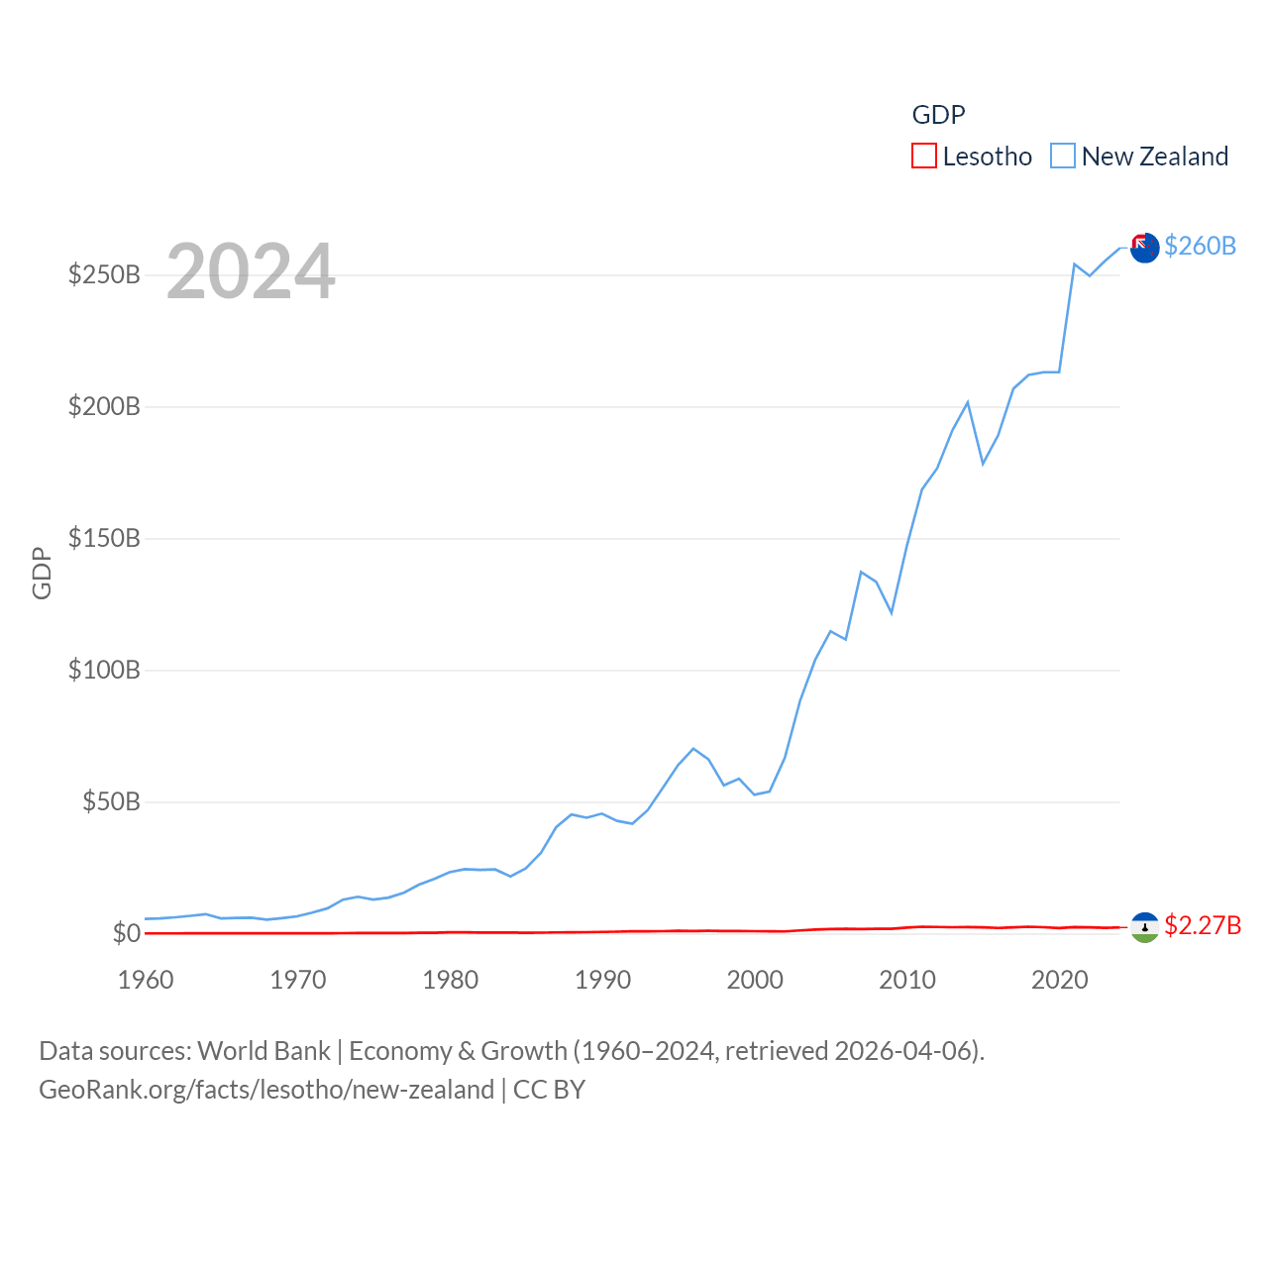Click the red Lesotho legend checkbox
tap(923, 157)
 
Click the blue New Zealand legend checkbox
tap(1062, 157)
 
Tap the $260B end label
tap(1200, 246)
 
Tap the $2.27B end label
tap(1203, 925)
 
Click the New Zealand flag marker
tap(1144, 248)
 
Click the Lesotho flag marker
tap(1144, 927)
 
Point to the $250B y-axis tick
tap(104, 274)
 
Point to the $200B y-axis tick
tap(104, 406)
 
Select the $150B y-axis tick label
tap(104, 538)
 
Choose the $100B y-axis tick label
tap(104, 670)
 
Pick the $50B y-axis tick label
tap(111, 801)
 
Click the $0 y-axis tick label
tap(126, 933)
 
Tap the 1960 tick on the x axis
tap(146, 980)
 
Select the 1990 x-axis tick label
tap(602, 980)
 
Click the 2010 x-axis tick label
tap(907, 980)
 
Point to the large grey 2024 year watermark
tap(251, 271)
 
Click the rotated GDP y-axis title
tap(42, 573)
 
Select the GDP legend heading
tap(938, 115)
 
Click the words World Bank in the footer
tap(264, 1050)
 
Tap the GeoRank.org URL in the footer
tap(266, 1090)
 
